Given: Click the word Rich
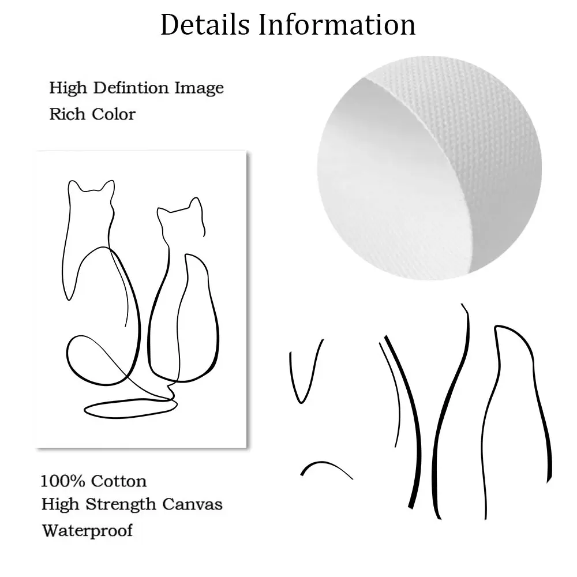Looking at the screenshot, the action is point(66,114).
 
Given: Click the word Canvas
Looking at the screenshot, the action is point(193,504).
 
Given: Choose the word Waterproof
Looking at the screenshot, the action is point(87,530).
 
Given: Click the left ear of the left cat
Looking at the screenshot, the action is point(73,186).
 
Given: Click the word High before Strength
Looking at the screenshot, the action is point(60,505).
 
